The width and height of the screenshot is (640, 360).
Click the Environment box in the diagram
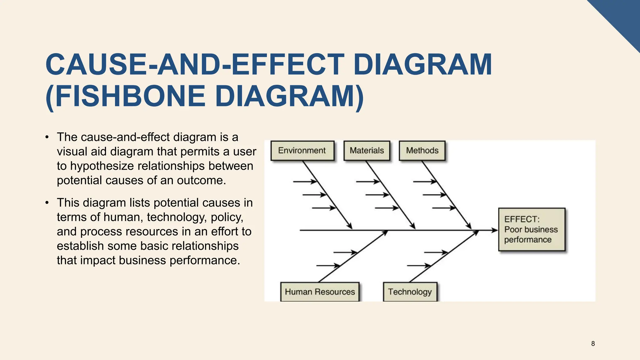click(x=302, y=151)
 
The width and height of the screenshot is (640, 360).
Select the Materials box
click(x=367, y=151)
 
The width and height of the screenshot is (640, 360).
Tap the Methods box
click(x=422, y=151)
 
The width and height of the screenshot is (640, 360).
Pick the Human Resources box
click(x=320, y=292)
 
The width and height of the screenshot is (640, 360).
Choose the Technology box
click(x=410, y=292)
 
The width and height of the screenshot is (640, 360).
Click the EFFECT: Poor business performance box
click(x=532, y=229)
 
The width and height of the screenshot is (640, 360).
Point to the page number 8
click(x=593, y=344)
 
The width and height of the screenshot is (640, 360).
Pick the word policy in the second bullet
click(x=227, y=217)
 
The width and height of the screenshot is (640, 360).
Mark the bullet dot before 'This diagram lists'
click(x=47, y=203)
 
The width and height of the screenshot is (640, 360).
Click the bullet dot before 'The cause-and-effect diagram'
click(x=47, y=137)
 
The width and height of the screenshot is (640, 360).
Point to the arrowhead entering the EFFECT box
click(x=494, y=230)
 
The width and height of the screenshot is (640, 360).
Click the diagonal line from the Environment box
click(x=327, y=194)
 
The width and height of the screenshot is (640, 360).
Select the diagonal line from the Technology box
click(x=444, y=256)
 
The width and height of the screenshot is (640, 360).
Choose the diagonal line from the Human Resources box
click(x=353, y=256)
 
